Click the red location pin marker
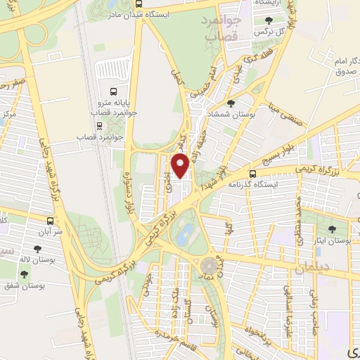tap(181, 166)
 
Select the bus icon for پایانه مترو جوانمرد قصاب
tap(113, 91)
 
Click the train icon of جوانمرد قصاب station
tap(100, 126)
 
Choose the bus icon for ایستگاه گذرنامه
tap(252, 173)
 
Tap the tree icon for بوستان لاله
tap(36, 249)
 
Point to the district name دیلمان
tap(311, 267)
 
